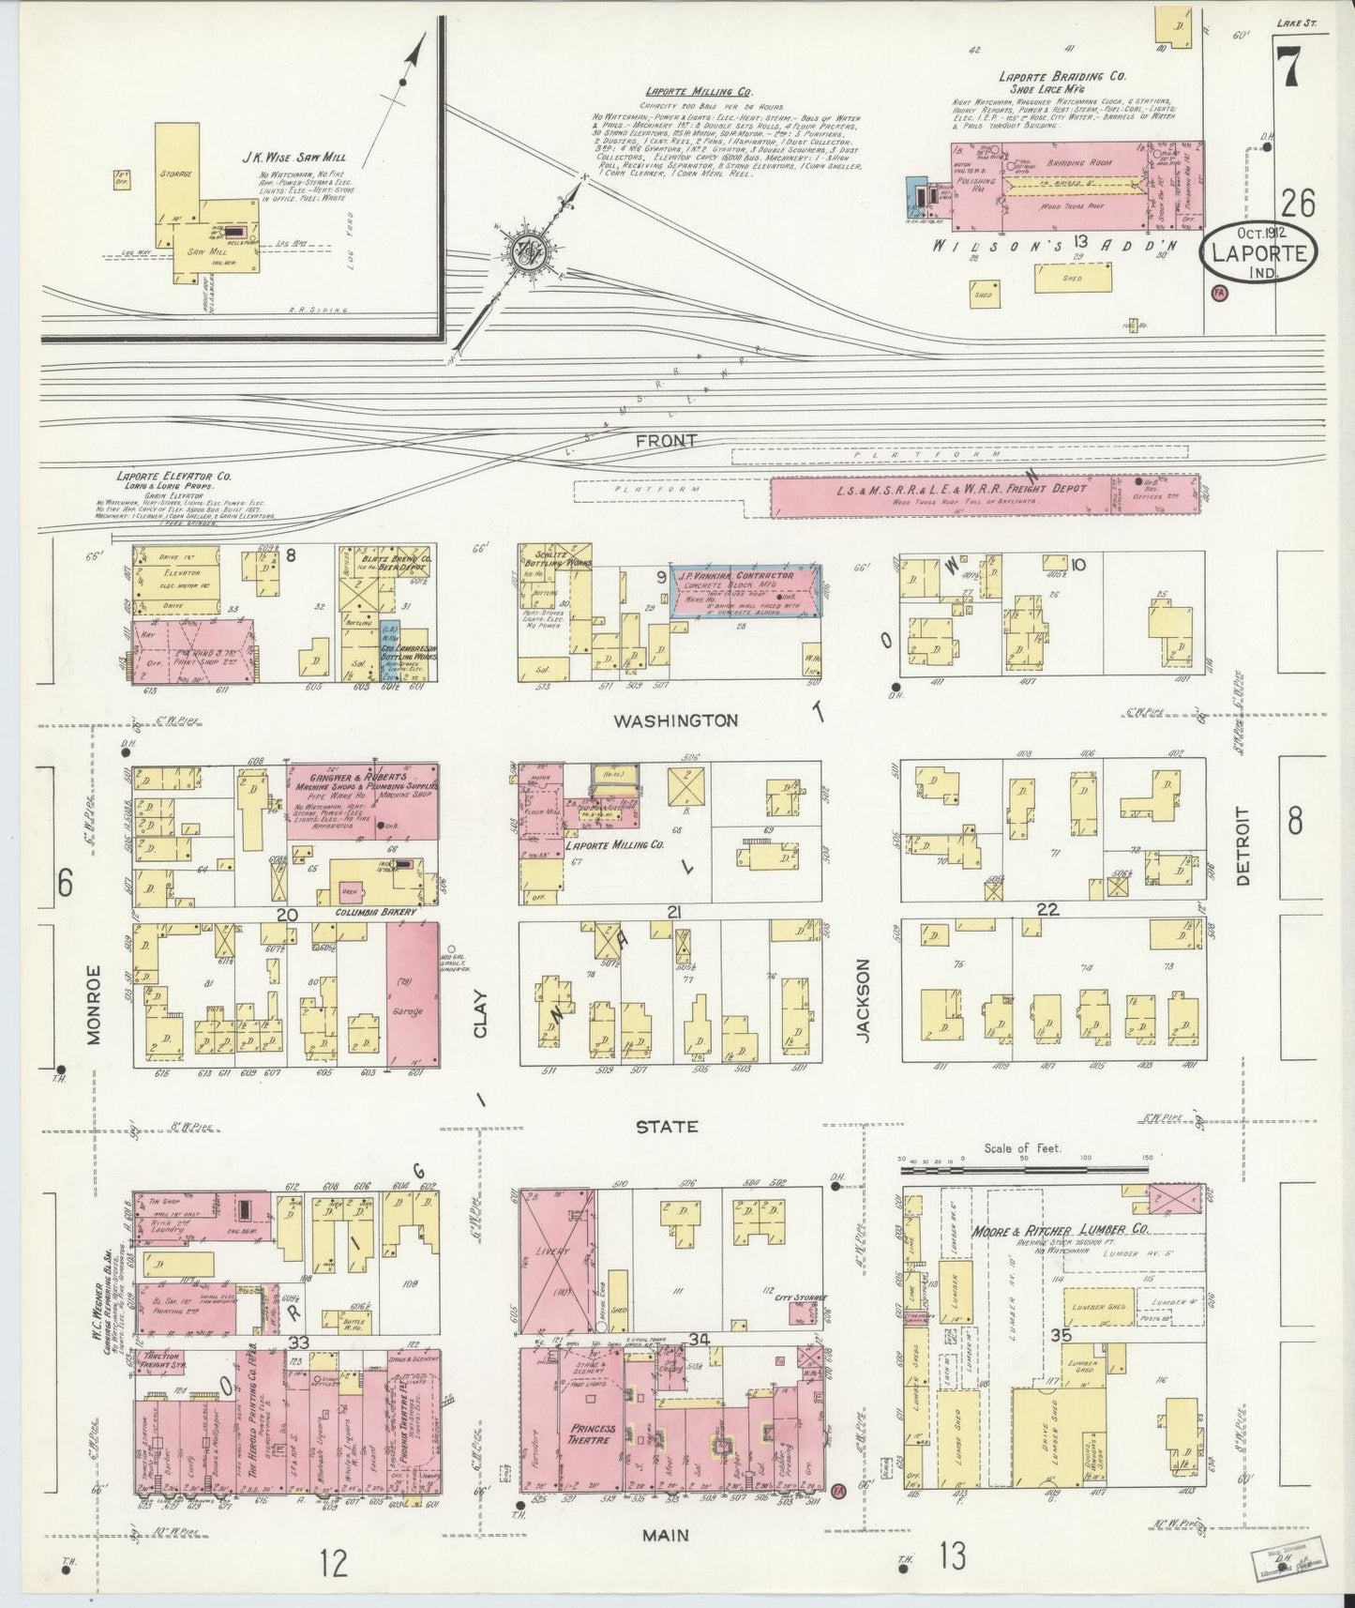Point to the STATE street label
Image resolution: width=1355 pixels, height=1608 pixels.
point(667,1126)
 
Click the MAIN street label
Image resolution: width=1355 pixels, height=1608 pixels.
point(667,1535)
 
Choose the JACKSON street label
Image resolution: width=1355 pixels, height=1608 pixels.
point(864,999)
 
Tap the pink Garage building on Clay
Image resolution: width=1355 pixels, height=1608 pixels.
point(413,996)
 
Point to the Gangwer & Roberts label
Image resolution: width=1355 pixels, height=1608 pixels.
point(351,778)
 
